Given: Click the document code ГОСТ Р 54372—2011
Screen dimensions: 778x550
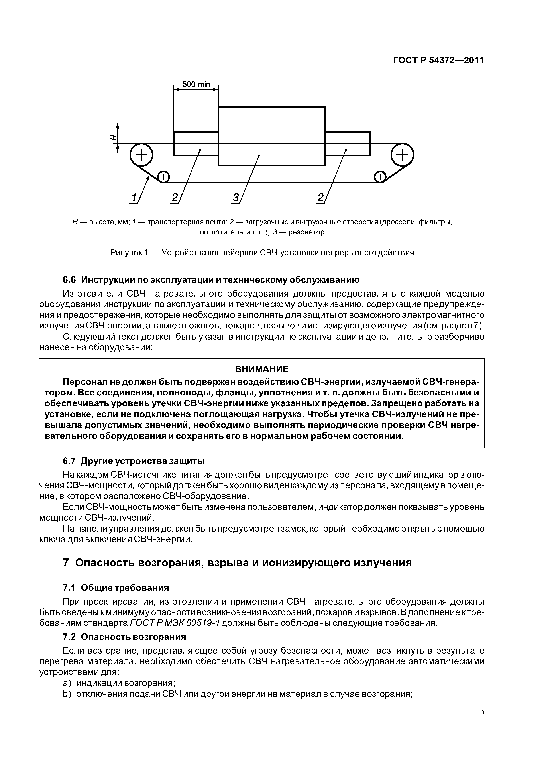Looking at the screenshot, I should pyautogui.click(x=438, y=60).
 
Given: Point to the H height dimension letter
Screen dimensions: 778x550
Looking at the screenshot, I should pyautogui.click(x=113, y=137).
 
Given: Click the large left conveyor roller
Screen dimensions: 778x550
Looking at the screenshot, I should pyautogui.click(x=141, y=155).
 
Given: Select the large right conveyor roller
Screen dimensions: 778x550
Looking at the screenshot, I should pyautogui.click(x=402, y=155).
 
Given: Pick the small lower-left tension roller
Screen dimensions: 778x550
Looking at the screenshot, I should pyautogui.click(x=164, y=177).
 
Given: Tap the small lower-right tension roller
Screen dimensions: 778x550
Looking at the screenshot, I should pyautogui.click(x=380, y=177).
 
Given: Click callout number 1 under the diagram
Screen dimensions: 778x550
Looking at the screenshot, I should pyautogui.click(x=134, y=198).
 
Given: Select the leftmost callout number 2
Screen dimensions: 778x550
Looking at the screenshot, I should pyautogui.click(x=175, y=198).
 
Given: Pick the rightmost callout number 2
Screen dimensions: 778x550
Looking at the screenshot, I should pyautogui.click(x=320, y=198).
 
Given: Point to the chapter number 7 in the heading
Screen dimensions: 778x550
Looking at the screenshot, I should pyautogui.click(x=66, y=563).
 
